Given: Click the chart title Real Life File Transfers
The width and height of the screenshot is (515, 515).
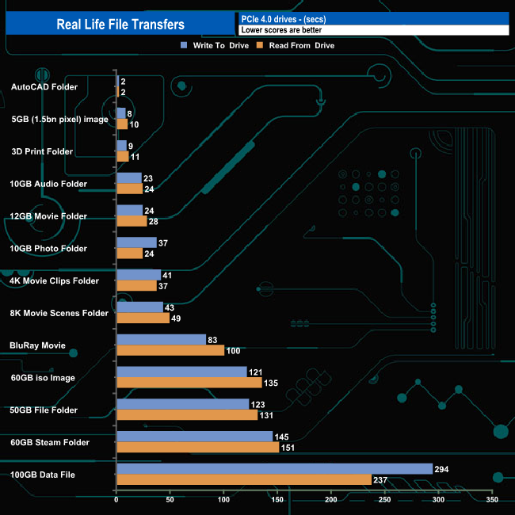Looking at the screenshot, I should click(x=120, y=25).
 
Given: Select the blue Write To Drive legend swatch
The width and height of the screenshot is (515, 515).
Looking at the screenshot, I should click(x=184, y=46).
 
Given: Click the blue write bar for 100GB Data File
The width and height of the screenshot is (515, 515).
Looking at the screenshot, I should click(x=274, y=469).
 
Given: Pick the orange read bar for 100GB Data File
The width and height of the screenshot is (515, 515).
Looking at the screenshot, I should click(x=244, y=479).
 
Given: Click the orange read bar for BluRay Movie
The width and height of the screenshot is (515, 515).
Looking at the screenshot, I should click(x=170, y=350).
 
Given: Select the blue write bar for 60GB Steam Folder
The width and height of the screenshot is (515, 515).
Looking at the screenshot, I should click(x=194, y=437).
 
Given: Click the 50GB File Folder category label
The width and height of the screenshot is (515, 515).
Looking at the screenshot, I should click(x=44, y=410).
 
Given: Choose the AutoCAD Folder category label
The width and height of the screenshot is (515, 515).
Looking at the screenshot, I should click(x=44, y=86).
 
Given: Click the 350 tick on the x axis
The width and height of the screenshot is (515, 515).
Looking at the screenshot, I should click(x=493, y=501).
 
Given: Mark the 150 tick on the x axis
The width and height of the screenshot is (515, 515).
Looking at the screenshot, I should click(x=277, y=501).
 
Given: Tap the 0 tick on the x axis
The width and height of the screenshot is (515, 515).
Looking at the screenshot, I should click(x=116, y=501).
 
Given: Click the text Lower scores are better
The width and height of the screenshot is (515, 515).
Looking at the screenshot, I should click(x=281, y=30).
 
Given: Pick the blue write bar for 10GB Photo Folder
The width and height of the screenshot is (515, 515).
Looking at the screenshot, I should click(x=136, y=242).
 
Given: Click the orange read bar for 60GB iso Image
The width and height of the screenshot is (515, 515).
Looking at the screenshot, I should click(x=189, y=383).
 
